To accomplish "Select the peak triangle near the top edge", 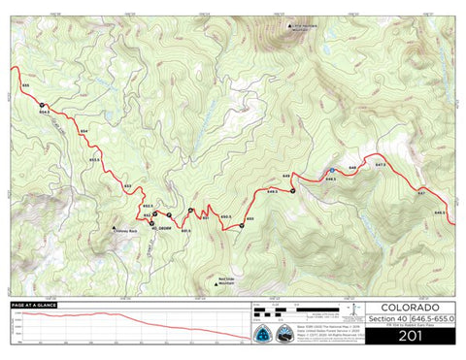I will pyautogui.click(x=285, y=28).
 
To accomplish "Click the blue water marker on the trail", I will pyautogui.click(x=333, y=169).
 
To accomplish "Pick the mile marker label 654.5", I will pyautogui.click(x=45, y=113).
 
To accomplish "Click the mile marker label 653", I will pyautogui.click(x=127, y=185).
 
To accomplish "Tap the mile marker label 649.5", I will pyautogui.click(x=273, y=191).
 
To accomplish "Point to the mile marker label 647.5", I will pyautogui.click(x=380, y=165).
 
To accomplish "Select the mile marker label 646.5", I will pyautogui.click(x=440, y=212).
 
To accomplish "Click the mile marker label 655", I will pyautogui.click(x=25, y=87).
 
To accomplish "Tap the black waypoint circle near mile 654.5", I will pyautogui.click(x=42, y=105).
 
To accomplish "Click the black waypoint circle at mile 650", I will pyautogui.click(x=241, y=226).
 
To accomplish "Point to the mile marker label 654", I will pyautogui.click(x=84, y=131).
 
